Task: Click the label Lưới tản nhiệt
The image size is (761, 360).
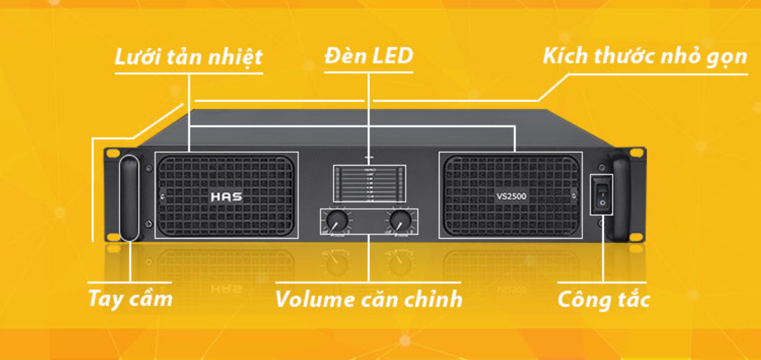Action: [188, 57]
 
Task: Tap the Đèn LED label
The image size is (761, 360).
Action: [368, 55]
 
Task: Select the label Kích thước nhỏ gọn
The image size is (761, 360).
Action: [645, 56]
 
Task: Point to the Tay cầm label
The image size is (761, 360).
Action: [131, 298]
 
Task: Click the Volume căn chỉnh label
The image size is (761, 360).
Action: [369, 298]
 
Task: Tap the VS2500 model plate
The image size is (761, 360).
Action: [511, 198]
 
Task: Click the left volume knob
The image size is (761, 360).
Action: [336, 221]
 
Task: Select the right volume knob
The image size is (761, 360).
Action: [400, 221]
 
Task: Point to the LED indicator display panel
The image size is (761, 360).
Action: [369, 183]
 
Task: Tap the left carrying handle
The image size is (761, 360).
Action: [129, 198]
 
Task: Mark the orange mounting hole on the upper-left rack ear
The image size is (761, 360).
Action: [114, 152]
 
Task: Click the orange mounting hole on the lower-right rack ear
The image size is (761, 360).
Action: [636, 236]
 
